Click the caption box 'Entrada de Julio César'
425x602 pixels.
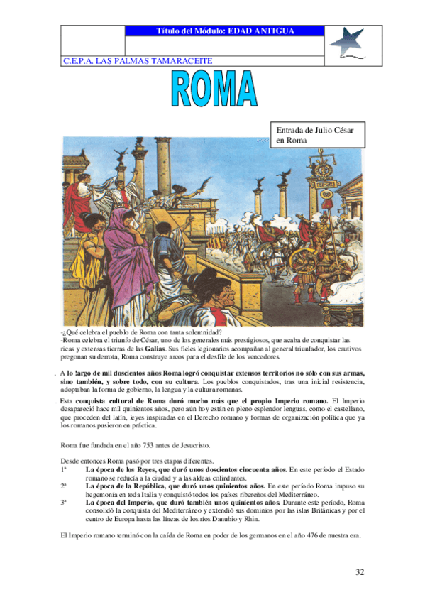(314, 134)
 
